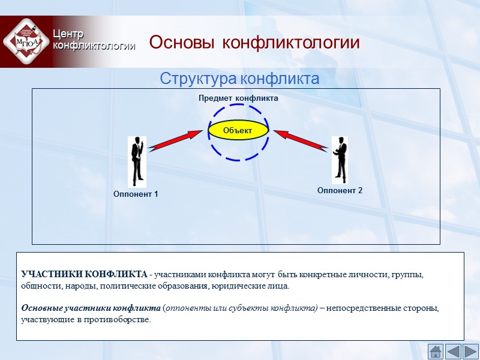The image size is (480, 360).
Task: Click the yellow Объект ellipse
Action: point(237,130)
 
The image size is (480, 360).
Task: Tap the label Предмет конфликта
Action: point(238,98)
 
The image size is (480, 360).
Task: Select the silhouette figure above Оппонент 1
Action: point(137,161)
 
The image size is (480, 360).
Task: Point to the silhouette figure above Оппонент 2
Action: point(340,159)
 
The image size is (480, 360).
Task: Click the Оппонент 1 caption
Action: point(136,194)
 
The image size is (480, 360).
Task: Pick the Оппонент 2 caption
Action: point(340,190)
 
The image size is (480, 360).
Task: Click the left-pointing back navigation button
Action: point(453,351)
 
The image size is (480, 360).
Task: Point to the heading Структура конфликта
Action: point(239,79)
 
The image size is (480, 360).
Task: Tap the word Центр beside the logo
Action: point(68,34)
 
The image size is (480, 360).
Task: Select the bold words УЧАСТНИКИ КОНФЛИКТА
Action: point(84,275)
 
